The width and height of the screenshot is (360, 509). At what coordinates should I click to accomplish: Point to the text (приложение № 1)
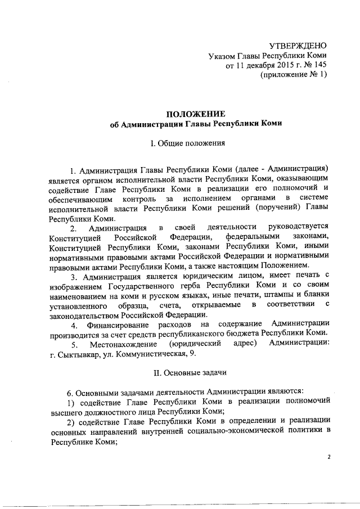[294, 76]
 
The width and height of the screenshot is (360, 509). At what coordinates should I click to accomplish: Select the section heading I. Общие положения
[185, 143]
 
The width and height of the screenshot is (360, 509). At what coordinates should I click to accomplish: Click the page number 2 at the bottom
[329, 457]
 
